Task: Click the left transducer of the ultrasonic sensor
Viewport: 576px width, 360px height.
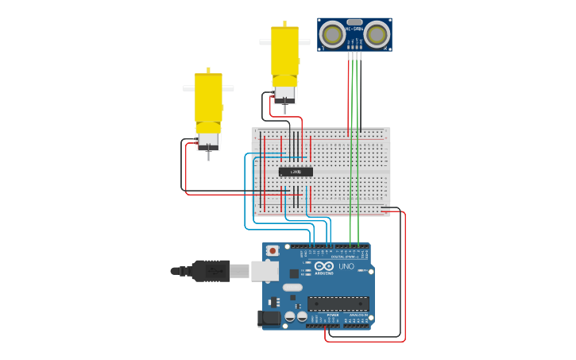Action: coord(333,34)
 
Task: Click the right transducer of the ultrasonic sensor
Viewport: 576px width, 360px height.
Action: coord(377,34)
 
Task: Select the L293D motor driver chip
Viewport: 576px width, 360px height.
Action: coord(296,172)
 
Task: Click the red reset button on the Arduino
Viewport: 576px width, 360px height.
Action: coord(273,250)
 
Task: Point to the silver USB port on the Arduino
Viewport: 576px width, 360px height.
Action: coord(264,271)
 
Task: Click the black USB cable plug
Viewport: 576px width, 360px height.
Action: coord(211,271)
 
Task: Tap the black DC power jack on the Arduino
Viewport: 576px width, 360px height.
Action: coord(270,319)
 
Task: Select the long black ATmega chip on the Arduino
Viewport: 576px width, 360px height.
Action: coord(338,303)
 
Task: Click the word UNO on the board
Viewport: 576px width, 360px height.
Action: coord(346,266)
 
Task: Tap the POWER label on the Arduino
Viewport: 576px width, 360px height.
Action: coord(332,315)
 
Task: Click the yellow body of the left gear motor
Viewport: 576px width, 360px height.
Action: coord(208,99)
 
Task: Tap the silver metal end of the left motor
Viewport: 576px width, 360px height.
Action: coord(208,140)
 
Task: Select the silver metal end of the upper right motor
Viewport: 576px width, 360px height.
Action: coord(284,95)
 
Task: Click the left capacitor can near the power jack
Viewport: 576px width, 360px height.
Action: coord(290,316)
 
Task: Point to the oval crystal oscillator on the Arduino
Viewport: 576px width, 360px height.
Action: coord(292,288)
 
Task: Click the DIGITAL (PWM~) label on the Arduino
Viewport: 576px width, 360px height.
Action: coord(343,257)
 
